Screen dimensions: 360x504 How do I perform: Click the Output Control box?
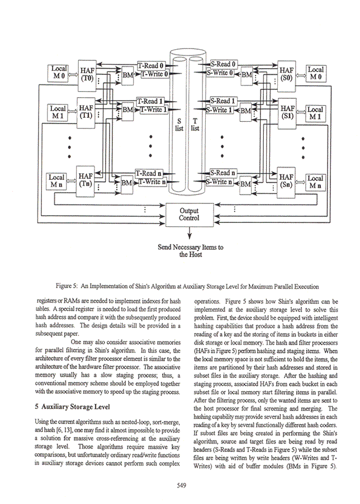coord(190,215)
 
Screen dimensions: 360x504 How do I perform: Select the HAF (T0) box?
coord(87,75)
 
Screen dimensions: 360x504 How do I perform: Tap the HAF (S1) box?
coord(287,113)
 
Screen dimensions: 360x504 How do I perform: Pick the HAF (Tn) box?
coord(85,181)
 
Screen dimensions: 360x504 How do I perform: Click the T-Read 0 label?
coord(151,65)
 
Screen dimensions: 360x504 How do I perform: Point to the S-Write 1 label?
coord(220,110)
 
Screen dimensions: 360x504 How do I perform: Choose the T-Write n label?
coord(152,182)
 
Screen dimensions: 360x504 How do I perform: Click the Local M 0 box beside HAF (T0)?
coord(59,73)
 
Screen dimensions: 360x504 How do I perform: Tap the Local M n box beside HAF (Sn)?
coord(316,182)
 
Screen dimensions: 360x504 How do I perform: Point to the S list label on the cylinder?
coord(179,125)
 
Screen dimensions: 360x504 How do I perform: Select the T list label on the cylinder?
coord(195,125)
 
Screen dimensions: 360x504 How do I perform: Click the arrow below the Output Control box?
coord(190,232)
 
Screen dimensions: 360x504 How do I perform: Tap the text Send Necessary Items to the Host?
coord(191,251)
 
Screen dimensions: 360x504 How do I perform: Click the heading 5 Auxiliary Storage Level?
coord(72,407)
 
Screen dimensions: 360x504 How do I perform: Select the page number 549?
coord(182,486)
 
